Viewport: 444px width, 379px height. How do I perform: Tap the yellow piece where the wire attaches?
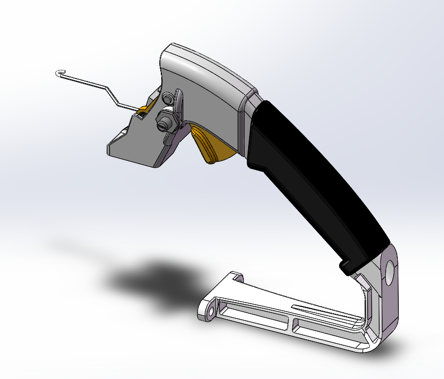pos(144,110)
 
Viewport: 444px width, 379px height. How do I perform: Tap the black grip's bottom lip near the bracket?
pos(347,267)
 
